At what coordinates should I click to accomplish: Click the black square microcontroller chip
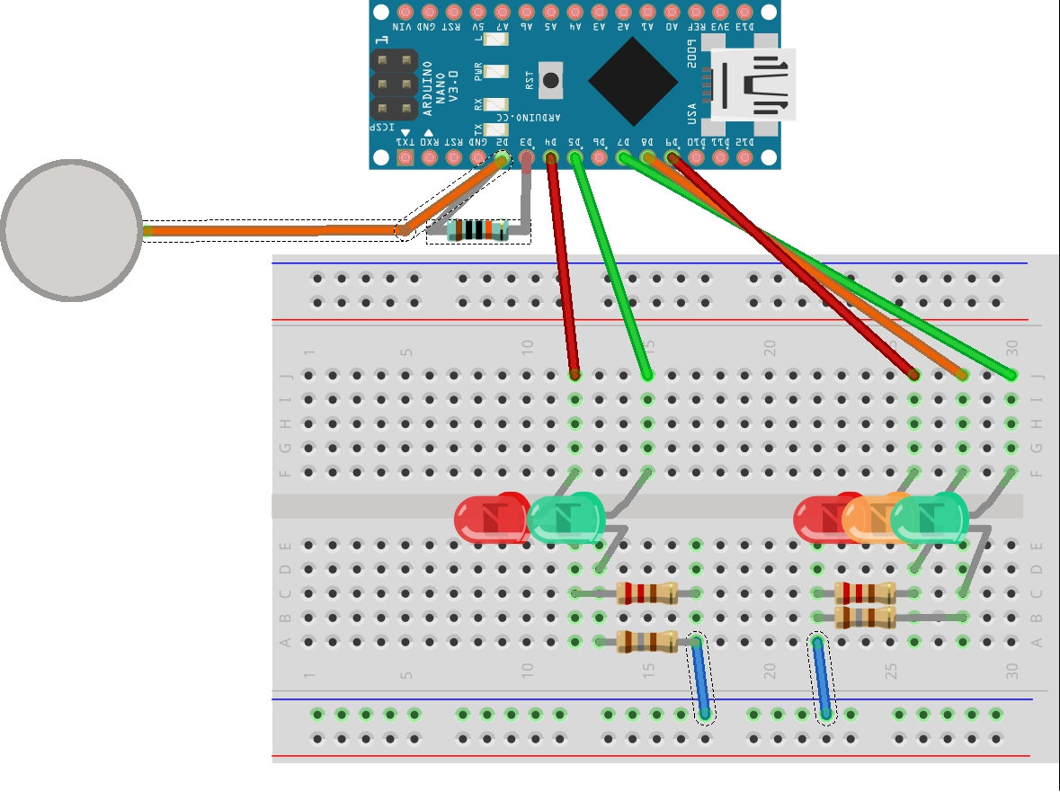(x=633, y=82)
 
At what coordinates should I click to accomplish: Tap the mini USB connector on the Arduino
(x=753, y=85)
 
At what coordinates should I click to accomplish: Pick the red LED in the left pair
(x=490, y=520)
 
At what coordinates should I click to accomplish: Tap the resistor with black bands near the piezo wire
(x=477, y=230)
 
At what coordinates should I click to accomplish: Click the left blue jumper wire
(x=700, y=678)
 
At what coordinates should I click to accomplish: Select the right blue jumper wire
(x=823, y=678)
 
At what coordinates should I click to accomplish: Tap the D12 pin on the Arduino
(x=744, y=158)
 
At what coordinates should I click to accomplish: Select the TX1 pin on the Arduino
(x=405, y=158)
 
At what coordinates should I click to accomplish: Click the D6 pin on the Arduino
(x=599, y=158)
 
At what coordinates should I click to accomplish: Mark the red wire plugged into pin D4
(x=563, y=270)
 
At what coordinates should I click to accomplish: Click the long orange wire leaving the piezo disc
(x=270, y=231)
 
